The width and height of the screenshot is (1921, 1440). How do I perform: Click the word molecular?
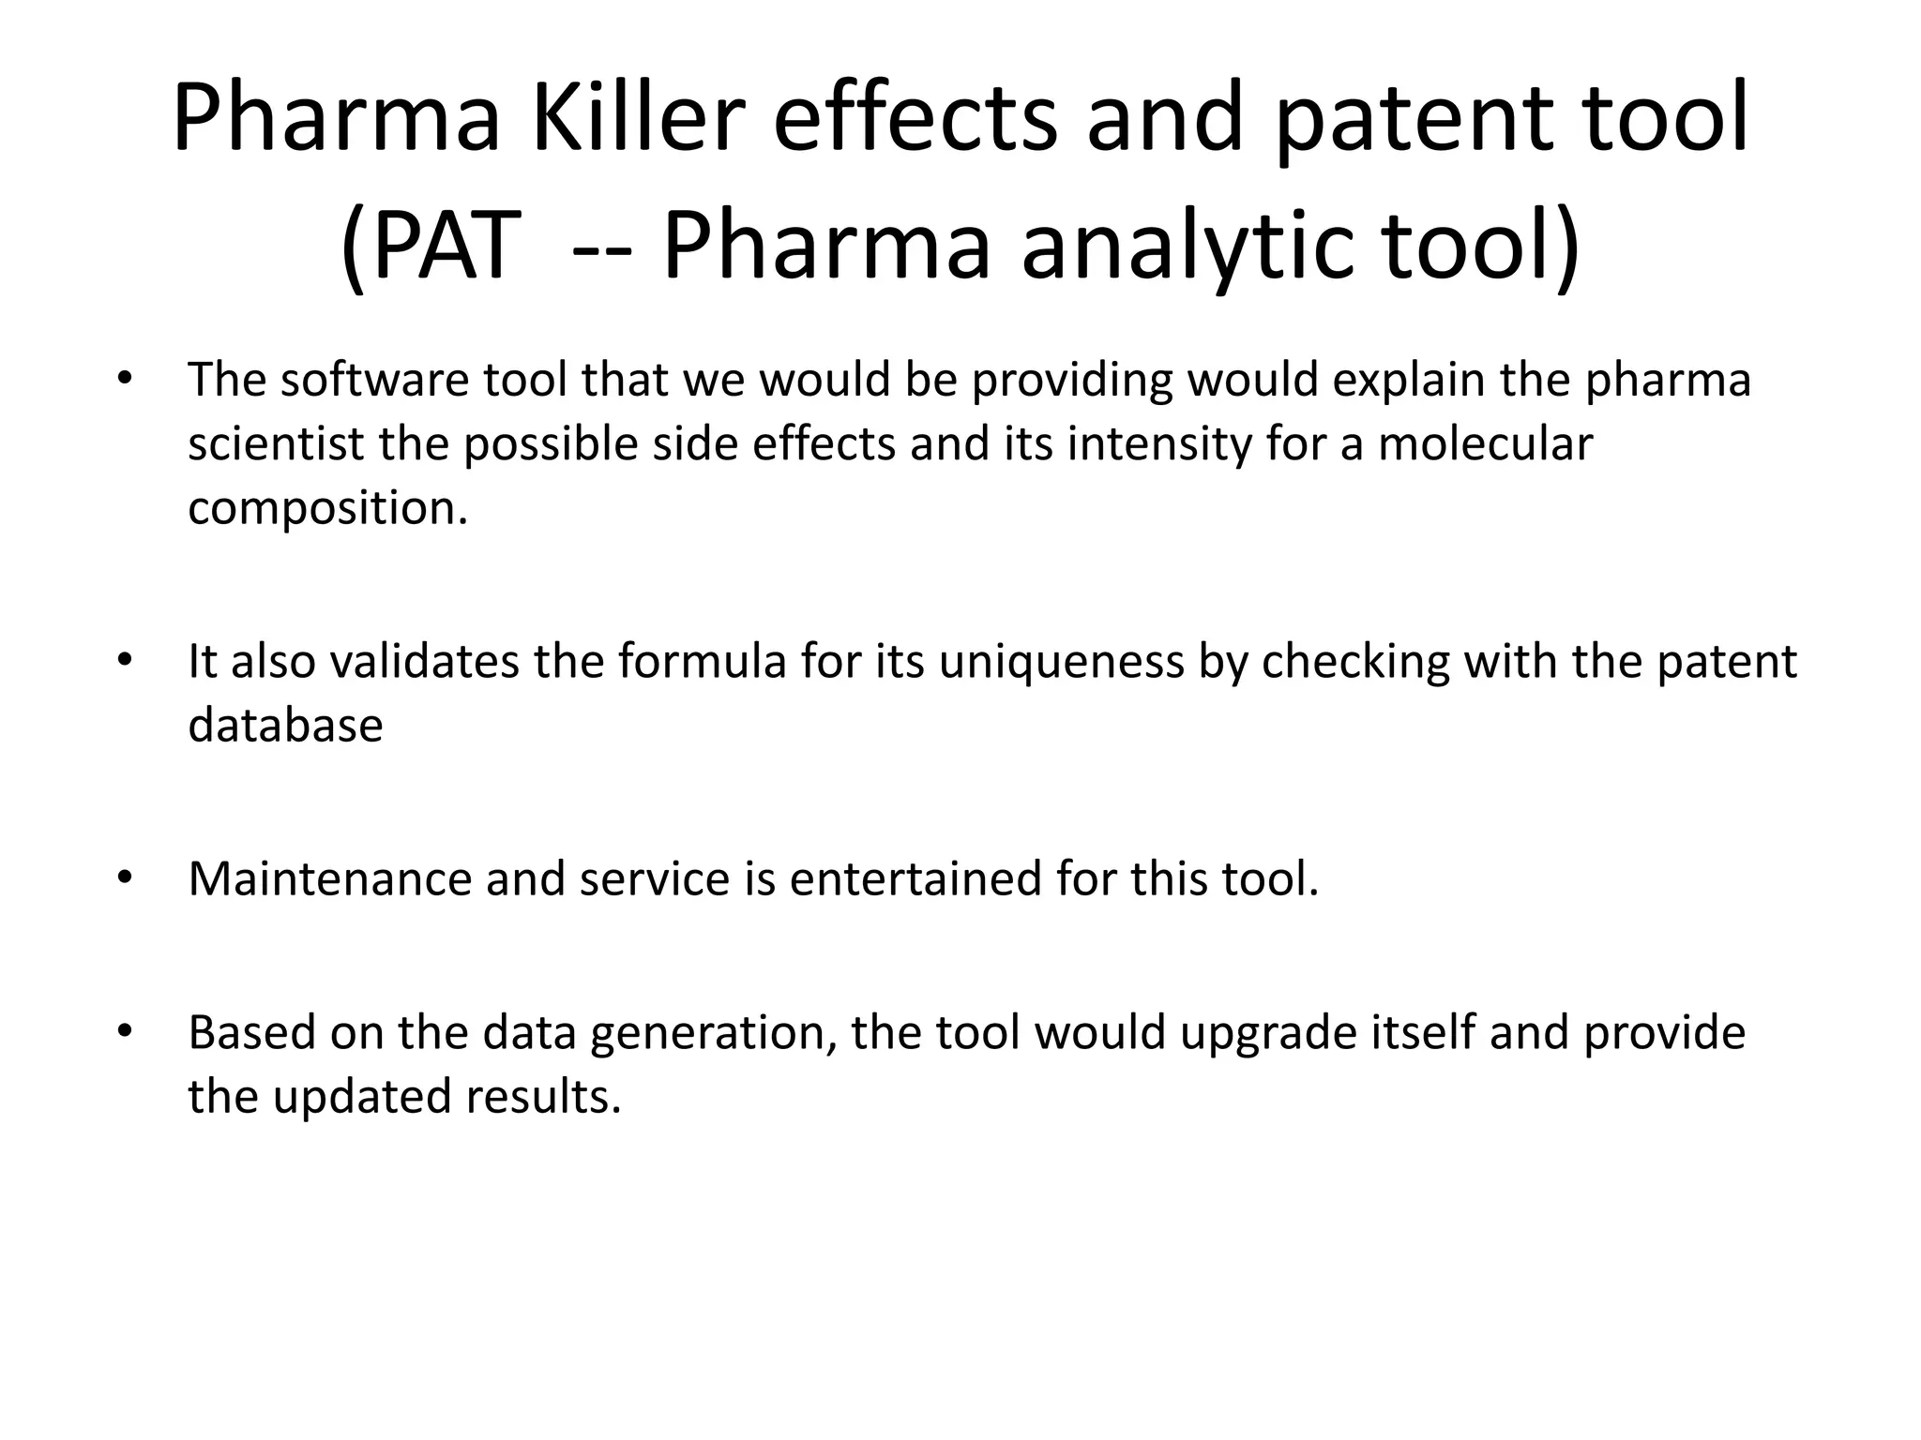coord(1485,444)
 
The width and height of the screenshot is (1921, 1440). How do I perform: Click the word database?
coord(285,726)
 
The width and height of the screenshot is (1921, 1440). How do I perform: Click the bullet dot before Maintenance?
coord(124,878)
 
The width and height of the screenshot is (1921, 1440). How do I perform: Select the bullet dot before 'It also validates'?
coord(124,661)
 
